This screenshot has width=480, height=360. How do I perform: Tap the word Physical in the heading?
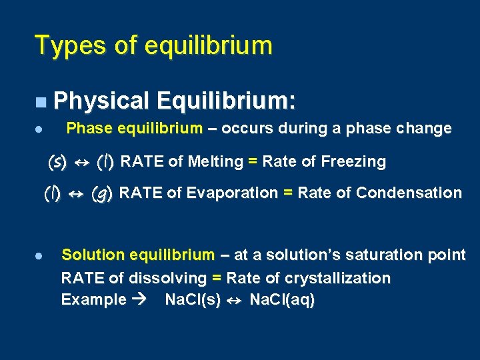coord(101,101)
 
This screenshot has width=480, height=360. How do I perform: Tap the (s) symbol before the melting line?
coord(57,161)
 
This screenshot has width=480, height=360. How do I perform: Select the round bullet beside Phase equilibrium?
coord(40,129)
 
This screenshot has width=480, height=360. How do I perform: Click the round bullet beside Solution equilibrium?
coord(40,255)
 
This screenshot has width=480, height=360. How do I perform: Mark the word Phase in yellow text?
coord(88,128)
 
